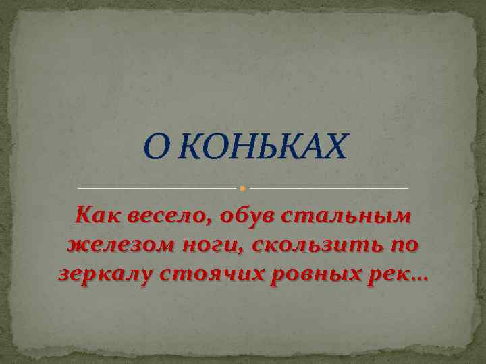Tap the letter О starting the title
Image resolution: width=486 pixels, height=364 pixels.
click(x=153, y=148)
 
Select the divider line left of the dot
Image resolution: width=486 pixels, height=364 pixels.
click(x=158, y=187)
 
